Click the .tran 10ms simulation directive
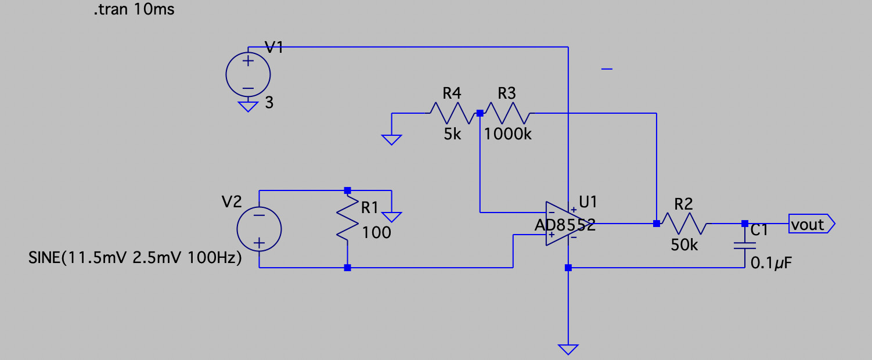tap(134, 10)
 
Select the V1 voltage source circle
tap(248, 74)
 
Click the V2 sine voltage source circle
tap(259, 229)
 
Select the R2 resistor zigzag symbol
tap(684, 224)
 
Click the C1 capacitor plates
tap(745, 246)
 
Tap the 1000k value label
tap(507, 135)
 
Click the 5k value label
tap(452, 135)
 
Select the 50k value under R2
tap(684, 246)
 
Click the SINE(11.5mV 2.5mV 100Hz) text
tap(135, 258)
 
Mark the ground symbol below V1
tap(248, 106)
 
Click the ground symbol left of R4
tap(392, 139)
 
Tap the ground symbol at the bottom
tap(568, 349)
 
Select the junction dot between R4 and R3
tap(480, 114)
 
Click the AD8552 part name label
tap(564, 226)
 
